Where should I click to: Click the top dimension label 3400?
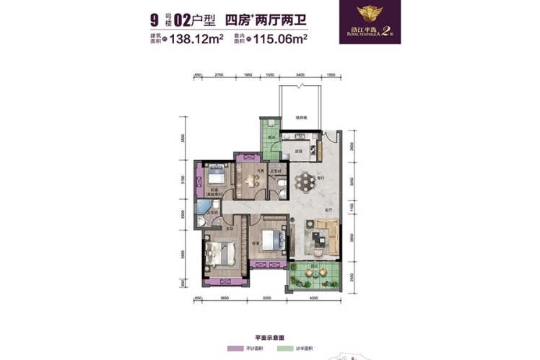(x=300, y=74)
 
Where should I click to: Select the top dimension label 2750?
(x=221, y=74)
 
